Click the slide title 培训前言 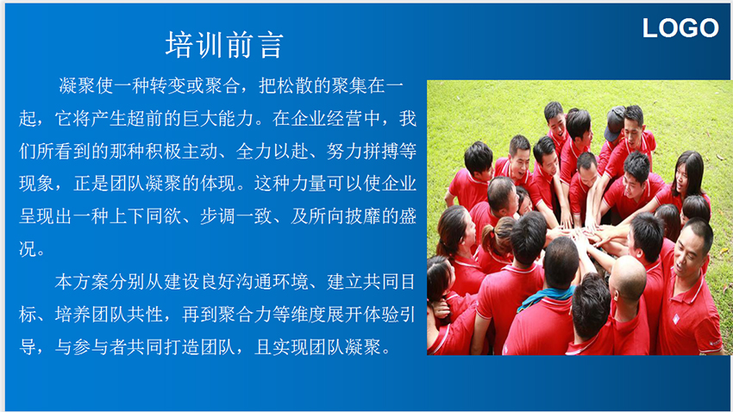point(224,45)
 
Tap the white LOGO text point(680,28)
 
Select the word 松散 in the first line point(295,85)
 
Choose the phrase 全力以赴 point(272,152)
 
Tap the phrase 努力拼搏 point(362,152)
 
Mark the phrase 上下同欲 point(146,216)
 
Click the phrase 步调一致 point(236,216)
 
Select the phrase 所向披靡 point(345,216)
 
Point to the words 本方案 point(82,282)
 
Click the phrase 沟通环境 point(272,282)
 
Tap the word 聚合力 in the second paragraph point(245,315)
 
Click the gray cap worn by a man point(614,122)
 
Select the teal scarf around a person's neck point(545,298)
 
